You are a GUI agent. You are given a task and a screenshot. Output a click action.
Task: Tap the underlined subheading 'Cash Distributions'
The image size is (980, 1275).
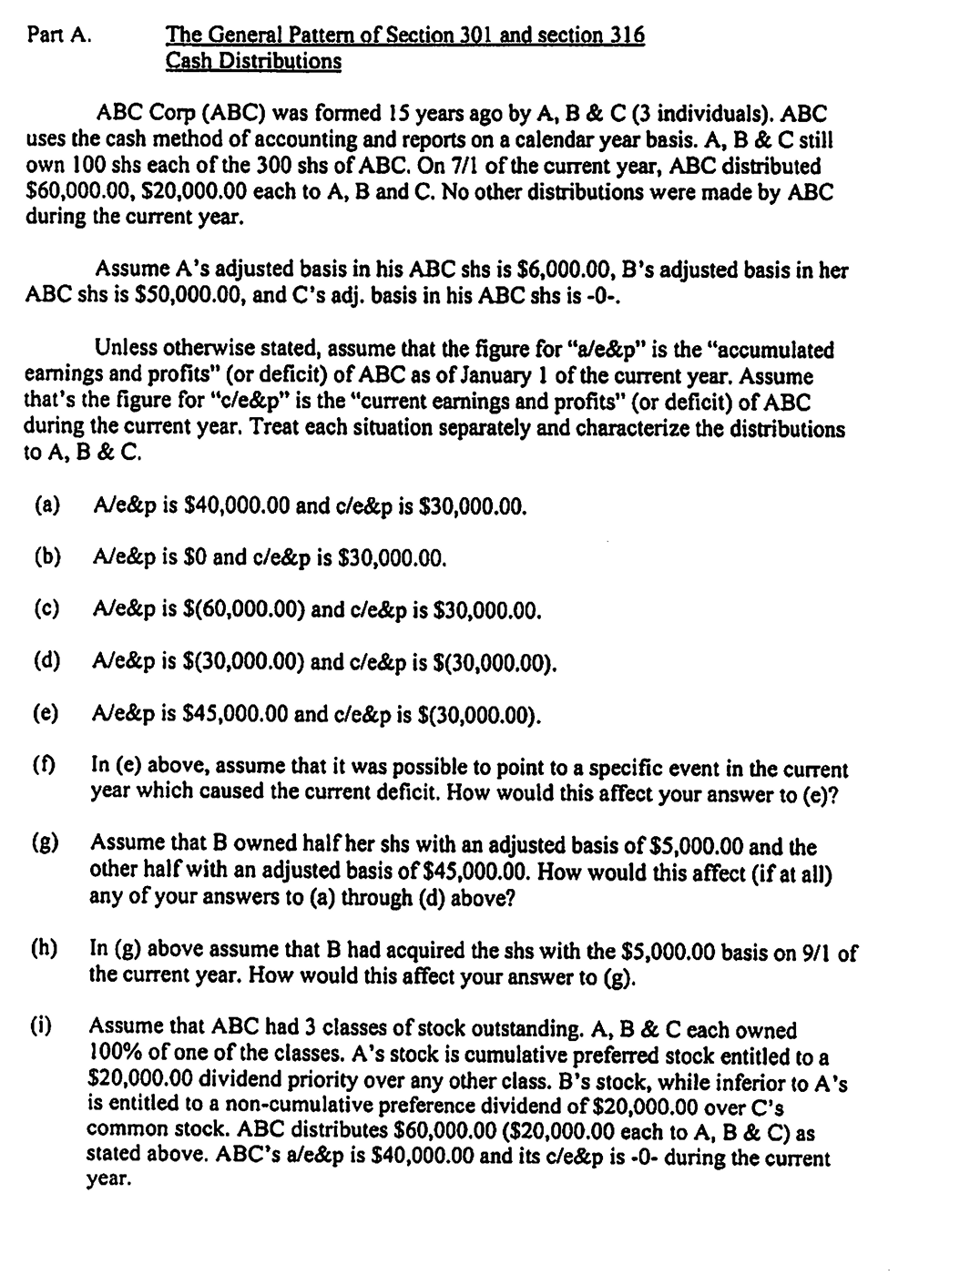point(253,61)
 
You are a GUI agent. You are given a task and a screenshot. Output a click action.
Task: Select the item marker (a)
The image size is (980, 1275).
point(47,505)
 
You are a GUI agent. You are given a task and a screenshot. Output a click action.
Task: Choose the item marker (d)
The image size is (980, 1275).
point(47,662)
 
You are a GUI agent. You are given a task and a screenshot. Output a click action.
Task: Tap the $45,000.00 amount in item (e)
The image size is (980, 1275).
point(238,714)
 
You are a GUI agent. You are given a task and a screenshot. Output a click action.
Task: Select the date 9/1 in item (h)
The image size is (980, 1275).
point(816,953)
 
